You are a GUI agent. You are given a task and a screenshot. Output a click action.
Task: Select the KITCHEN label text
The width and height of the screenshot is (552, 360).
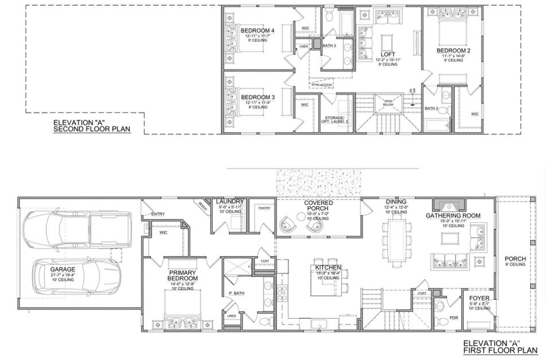tap(328, 268)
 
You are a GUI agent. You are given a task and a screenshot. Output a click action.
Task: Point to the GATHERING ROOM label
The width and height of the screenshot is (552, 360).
tap(453, 216)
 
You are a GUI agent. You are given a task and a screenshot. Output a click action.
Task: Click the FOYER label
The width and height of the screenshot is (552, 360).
tap(479, 299)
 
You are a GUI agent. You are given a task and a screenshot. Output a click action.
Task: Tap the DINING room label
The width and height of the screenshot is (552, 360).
tap(396, 202)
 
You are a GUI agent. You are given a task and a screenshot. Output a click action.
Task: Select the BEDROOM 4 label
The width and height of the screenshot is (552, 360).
tap(258, 30)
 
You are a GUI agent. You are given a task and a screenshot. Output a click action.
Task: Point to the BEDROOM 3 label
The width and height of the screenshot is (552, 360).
tap(258, 97)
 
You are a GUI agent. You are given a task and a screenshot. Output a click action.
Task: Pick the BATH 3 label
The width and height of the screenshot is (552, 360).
tap(329, 45)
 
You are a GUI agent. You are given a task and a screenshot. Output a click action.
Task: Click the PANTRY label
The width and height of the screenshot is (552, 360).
tap(264, 208)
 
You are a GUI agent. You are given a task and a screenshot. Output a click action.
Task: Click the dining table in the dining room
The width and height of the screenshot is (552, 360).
tap(396, 241)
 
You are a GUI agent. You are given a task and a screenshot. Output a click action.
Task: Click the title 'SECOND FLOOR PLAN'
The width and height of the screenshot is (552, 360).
tap(92, 130)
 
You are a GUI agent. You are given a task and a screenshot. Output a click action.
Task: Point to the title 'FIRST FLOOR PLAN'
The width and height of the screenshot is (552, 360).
tap(500, 350)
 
